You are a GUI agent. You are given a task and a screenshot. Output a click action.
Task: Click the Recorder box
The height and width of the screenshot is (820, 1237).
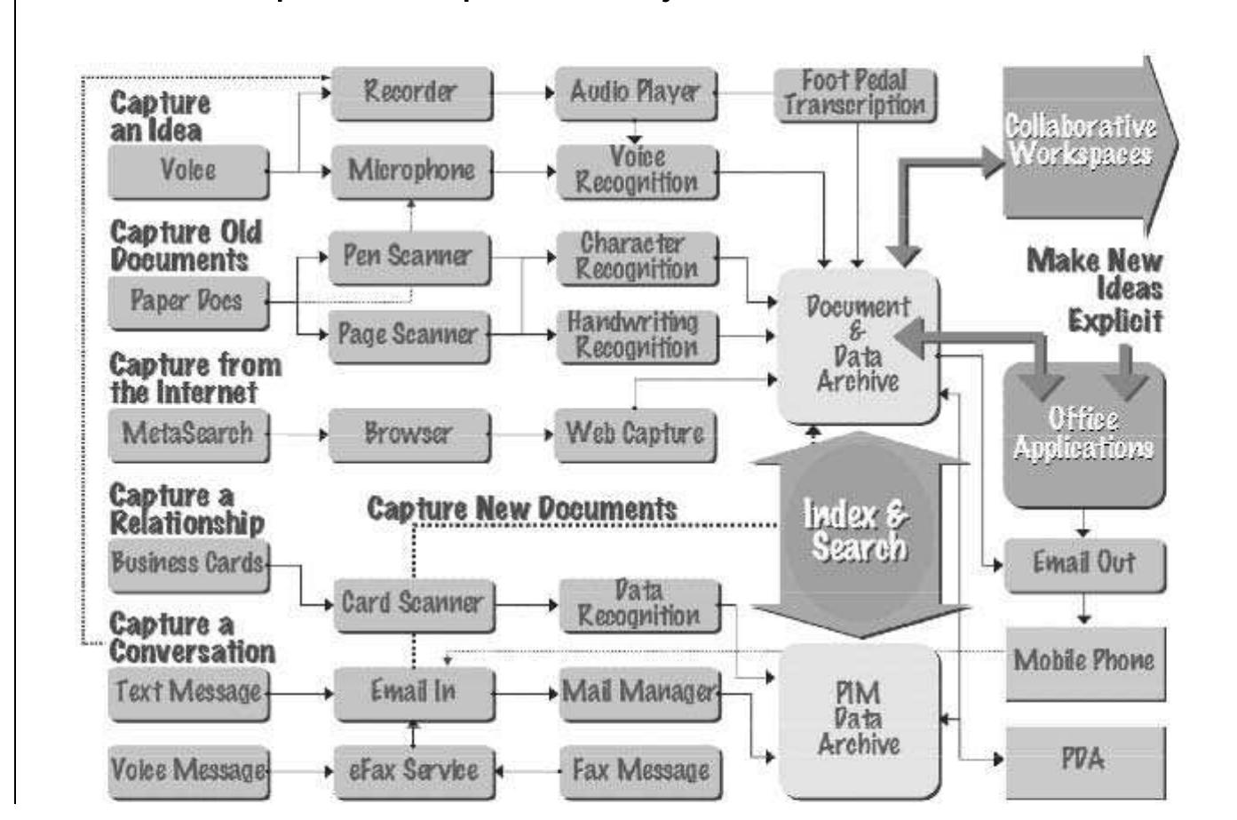[411, 92]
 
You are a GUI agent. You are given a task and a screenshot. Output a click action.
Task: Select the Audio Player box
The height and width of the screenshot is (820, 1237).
[635, 92]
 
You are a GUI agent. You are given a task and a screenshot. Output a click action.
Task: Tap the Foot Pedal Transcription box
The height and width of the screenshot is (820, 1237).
[854, 93]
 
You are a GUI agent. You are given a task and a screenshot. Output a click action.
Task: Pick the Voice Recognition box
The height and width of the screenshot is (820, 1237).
[636, 171]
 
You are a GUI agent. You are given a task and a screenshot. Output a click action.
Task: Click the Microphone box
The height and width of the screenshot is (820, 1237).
[411, 171]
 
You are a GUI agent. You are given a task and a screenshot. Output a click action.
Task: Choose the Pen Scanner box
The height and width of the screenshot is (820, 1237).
[408, 257]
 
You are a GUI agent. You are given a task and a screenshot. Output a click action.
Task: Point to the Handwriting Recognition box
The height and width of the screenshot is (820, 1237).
[634, 335]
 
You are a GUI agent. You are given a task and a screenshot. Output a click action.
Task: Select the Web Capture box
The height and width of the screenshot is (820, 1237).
[634, 434]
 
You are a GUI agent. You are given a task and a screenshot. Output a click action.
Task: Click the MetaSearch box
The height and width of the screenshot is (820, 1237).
[187, 434]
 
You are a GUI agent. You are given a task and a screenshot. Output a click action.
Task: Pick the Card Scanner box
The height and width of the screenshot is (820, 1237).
[413, 604]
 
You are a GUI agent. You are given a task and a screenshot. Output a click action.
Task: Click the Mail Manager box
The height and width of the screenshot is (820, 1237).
[638, 692]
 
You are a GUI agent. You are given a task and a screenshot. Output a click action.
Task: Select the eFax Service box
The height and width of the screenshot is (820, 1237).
[413, 770]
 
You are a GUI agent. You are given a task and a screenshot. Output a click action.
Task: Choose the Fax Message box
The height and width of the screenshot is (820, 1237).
[639, 770]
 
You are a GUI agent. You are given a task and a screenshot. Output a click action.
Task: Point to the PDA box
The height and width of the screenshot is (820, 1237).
[1084, 760]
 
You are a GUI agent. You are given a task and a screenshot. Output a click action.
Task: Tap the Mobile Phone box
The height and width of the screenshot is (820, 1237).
[1084, 662]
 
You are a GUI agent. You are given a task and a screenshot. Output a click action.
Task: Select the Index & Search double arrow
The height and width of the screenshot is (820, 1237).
[858, 533]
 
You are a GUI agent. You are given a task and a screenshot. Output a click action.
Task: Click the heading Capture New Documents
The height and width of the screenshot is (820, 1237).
[522, 509]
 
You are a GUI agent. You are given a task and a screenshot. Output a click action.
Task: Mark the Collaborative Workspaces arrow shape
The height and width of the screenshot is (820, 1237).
[1083, 142]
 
